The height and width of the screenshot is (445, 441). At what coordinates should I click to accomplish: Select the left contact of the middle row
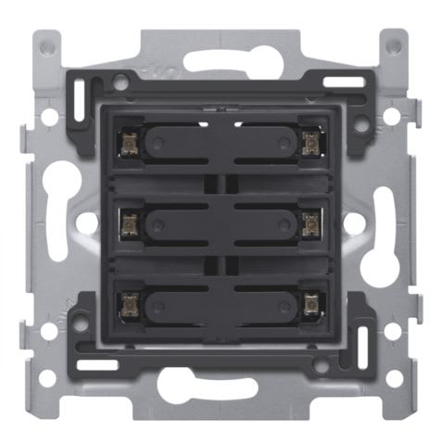click(130, 222)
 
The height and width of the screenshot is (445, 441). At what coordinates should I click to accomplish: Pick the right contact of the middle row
click(310, 222)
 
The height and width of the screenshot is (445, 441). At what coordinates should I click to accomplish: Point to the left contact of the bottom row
click(130, 303)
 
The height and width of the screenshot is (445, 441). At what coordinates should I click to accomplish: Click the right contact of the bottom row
click(310, 303)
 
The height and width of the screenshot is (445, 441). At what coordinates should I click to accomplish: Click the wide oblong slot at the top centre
click(220, 61)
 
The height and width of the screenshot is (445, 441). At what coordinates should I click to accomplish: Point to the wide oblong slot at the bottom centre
click(220, 383)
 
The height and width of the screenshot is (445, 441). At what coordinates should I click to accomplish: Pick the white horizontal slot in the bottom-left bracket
click(96, 364)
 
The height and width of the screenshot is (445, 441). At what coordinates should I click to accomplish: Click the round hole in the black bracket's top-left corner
click(120, 83)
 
